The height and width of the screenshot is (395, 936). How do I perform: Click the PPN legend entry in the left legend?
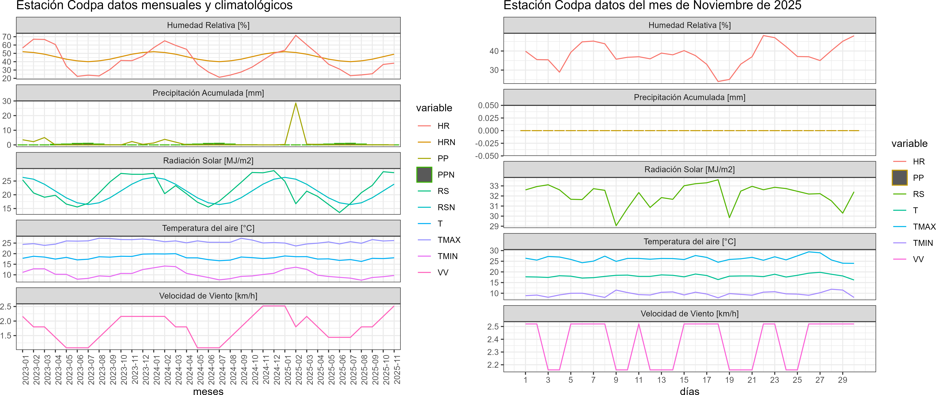pyautogui.click(x=446, y=175)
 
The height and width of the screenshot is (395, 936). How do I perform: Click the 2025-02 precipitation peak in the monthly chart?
pyautogui.click(x=296, y=103)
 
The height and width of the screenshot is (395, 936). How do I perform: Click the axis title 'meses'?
pyautogui.click(x=208, y=391)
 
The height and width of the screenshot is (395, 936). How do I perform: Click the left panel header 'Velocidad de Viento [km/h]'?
pyautogui.click(x=208, y=296)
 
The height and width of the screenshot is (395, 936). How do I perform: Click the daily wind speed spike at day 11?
pyautogui.click(x=639, y=324)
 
